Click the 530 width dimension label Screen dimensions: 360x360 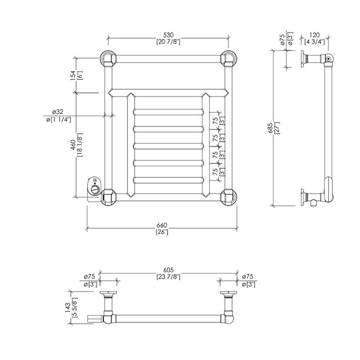168,34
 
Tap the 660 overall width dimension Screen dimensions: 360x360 163,224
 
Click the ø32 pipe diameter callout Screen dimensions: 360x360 57,112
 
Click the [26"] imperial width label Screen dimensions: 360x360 163,232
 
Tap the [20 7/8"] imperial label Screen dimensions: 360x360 168,42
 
